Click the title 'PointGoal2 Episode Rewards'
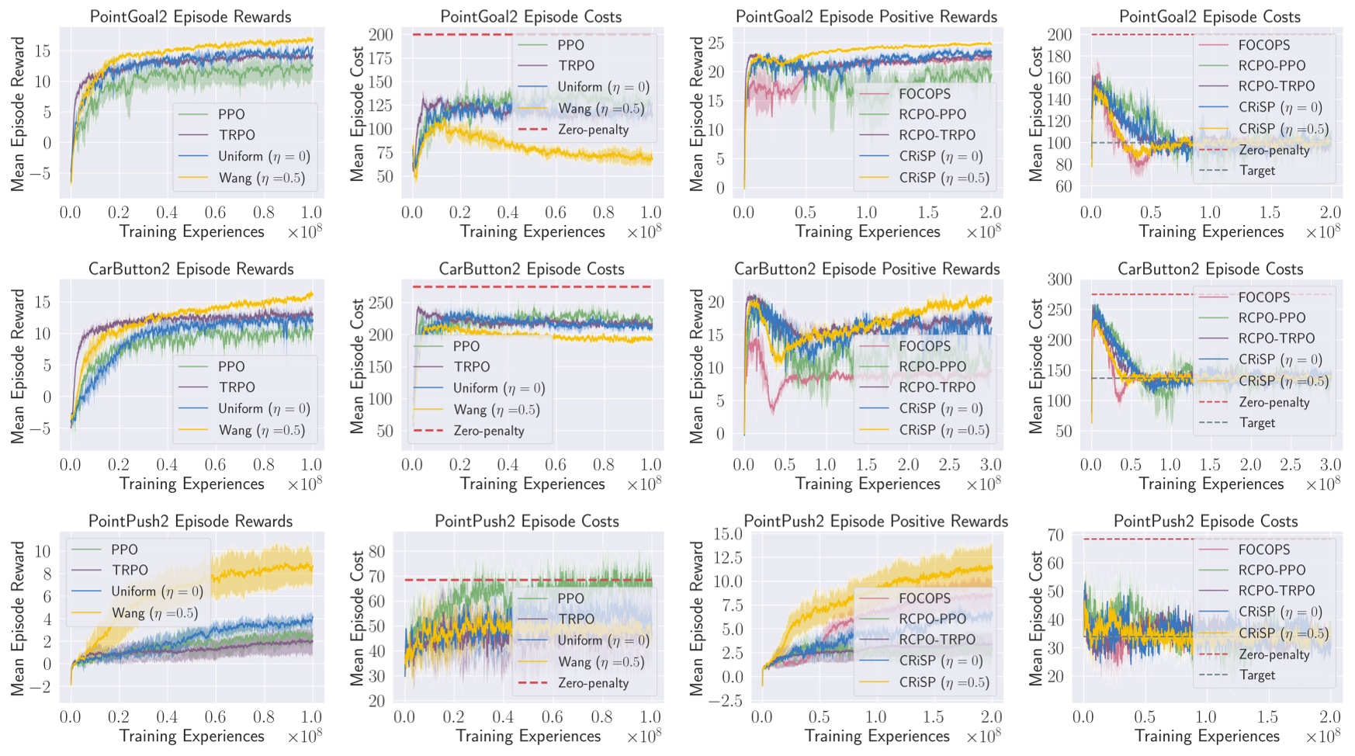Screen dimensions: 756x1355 tap(190, 16)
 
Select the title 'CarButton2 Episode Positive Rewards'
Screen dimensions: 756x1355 tap(866, 269)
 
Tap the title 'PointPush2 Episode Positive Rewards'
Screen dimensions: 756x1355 tap(875, 521)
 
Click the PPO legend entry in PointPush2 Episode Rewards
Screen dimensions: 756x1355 tap(124, 550)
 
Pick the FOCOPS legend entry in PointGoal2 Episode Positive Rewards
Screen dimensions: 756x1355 tap(924, 94)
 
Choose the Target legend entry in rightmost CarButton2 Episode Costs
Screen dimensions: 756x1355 tap(1257, 423)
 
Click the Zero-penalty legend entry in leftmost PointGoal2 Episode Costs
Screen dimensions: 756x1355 tap(593, 130)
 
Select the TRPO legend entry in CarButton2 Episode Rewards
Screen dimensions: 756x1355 tap(237, 387)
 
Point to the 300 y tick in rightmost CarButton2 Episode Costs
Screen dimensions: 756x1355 tap(1059, 279)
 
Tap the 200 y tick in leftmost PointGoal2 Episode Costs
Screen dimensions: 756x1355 tap(380, 34)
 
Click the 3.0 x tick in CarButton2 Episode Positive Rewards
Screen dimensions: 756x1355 tap(989, 465)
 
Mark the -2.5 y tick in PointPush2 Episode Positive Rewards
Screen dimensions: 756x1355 tap(726, 701)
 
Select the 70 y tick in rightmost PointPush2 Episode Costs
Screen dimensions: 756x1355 tap(1055, 535)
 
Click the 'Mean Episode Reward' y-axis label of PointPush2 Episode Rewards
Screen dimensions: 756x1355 tap(18, 618)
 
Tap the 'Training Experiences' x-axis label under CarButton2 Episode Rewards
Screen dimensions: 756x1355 tap(192, 484)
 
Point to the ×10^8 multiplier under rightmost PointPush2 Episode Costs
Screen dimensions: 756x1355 tap(1322, 737)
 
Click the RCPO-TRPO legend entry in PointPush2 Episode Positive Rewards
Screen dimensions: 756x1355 tap(937, 640)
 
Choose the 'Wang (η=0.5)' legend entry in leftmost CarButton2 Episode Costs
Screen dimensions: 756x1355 tap(496, 410)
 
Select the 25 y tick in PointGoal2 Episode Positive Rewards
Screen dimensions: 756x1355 tap(716, 43)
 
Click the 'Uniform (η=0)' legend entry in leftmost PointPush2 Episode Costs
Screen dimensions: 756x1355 tap(603, 640)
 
